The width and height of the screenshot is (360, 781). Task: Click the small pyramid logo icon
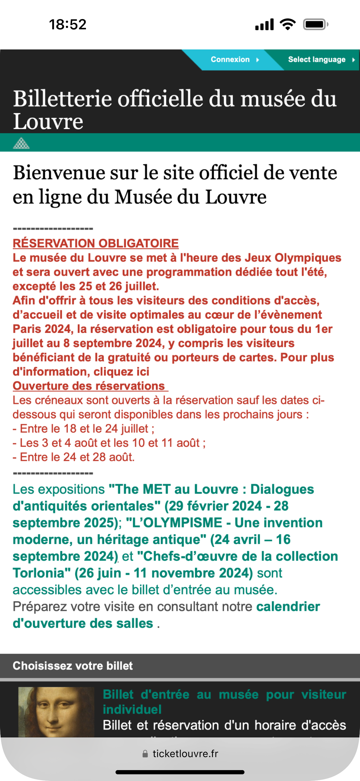[21, 143]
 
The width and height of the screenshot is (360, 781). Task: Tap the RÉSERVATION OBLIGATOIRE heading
[95, 243]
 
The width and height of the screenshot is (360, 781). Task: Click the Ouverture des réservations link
[89, 386]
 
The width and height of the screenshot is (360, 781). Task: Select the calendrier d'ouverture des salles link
[166, 615]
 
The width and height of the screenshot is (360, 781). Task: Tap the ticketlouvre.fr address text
[185, 754]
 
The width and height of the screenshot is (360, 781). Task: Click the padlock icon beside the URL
[145, 754]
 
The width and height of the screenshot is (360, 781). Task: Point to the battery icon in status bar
[315, 25]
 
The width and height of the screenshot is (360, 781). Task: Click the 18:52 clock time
[68, 25]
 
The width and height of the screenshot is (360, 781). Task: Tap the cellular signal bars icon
[264, 25]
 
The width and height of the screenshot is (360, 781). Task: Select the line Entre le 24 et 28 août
[74, 457]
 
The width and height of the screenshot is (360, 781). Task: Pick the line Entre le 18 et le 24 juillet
[84, 429]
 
